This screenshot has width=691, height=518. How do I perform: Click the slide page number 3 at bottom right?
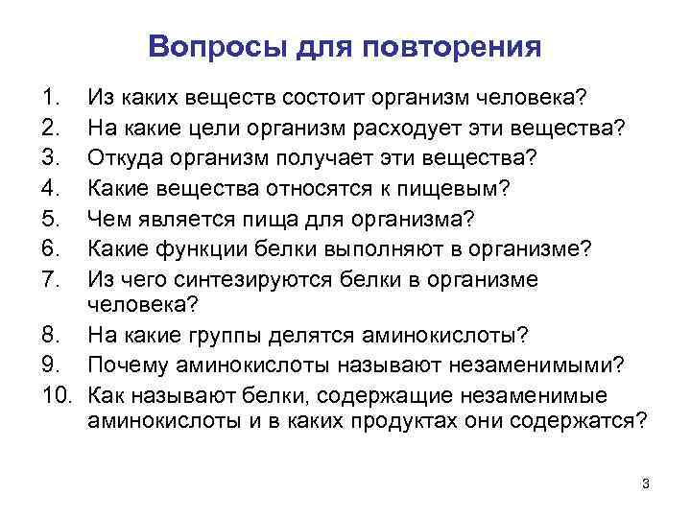point(646,484)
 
